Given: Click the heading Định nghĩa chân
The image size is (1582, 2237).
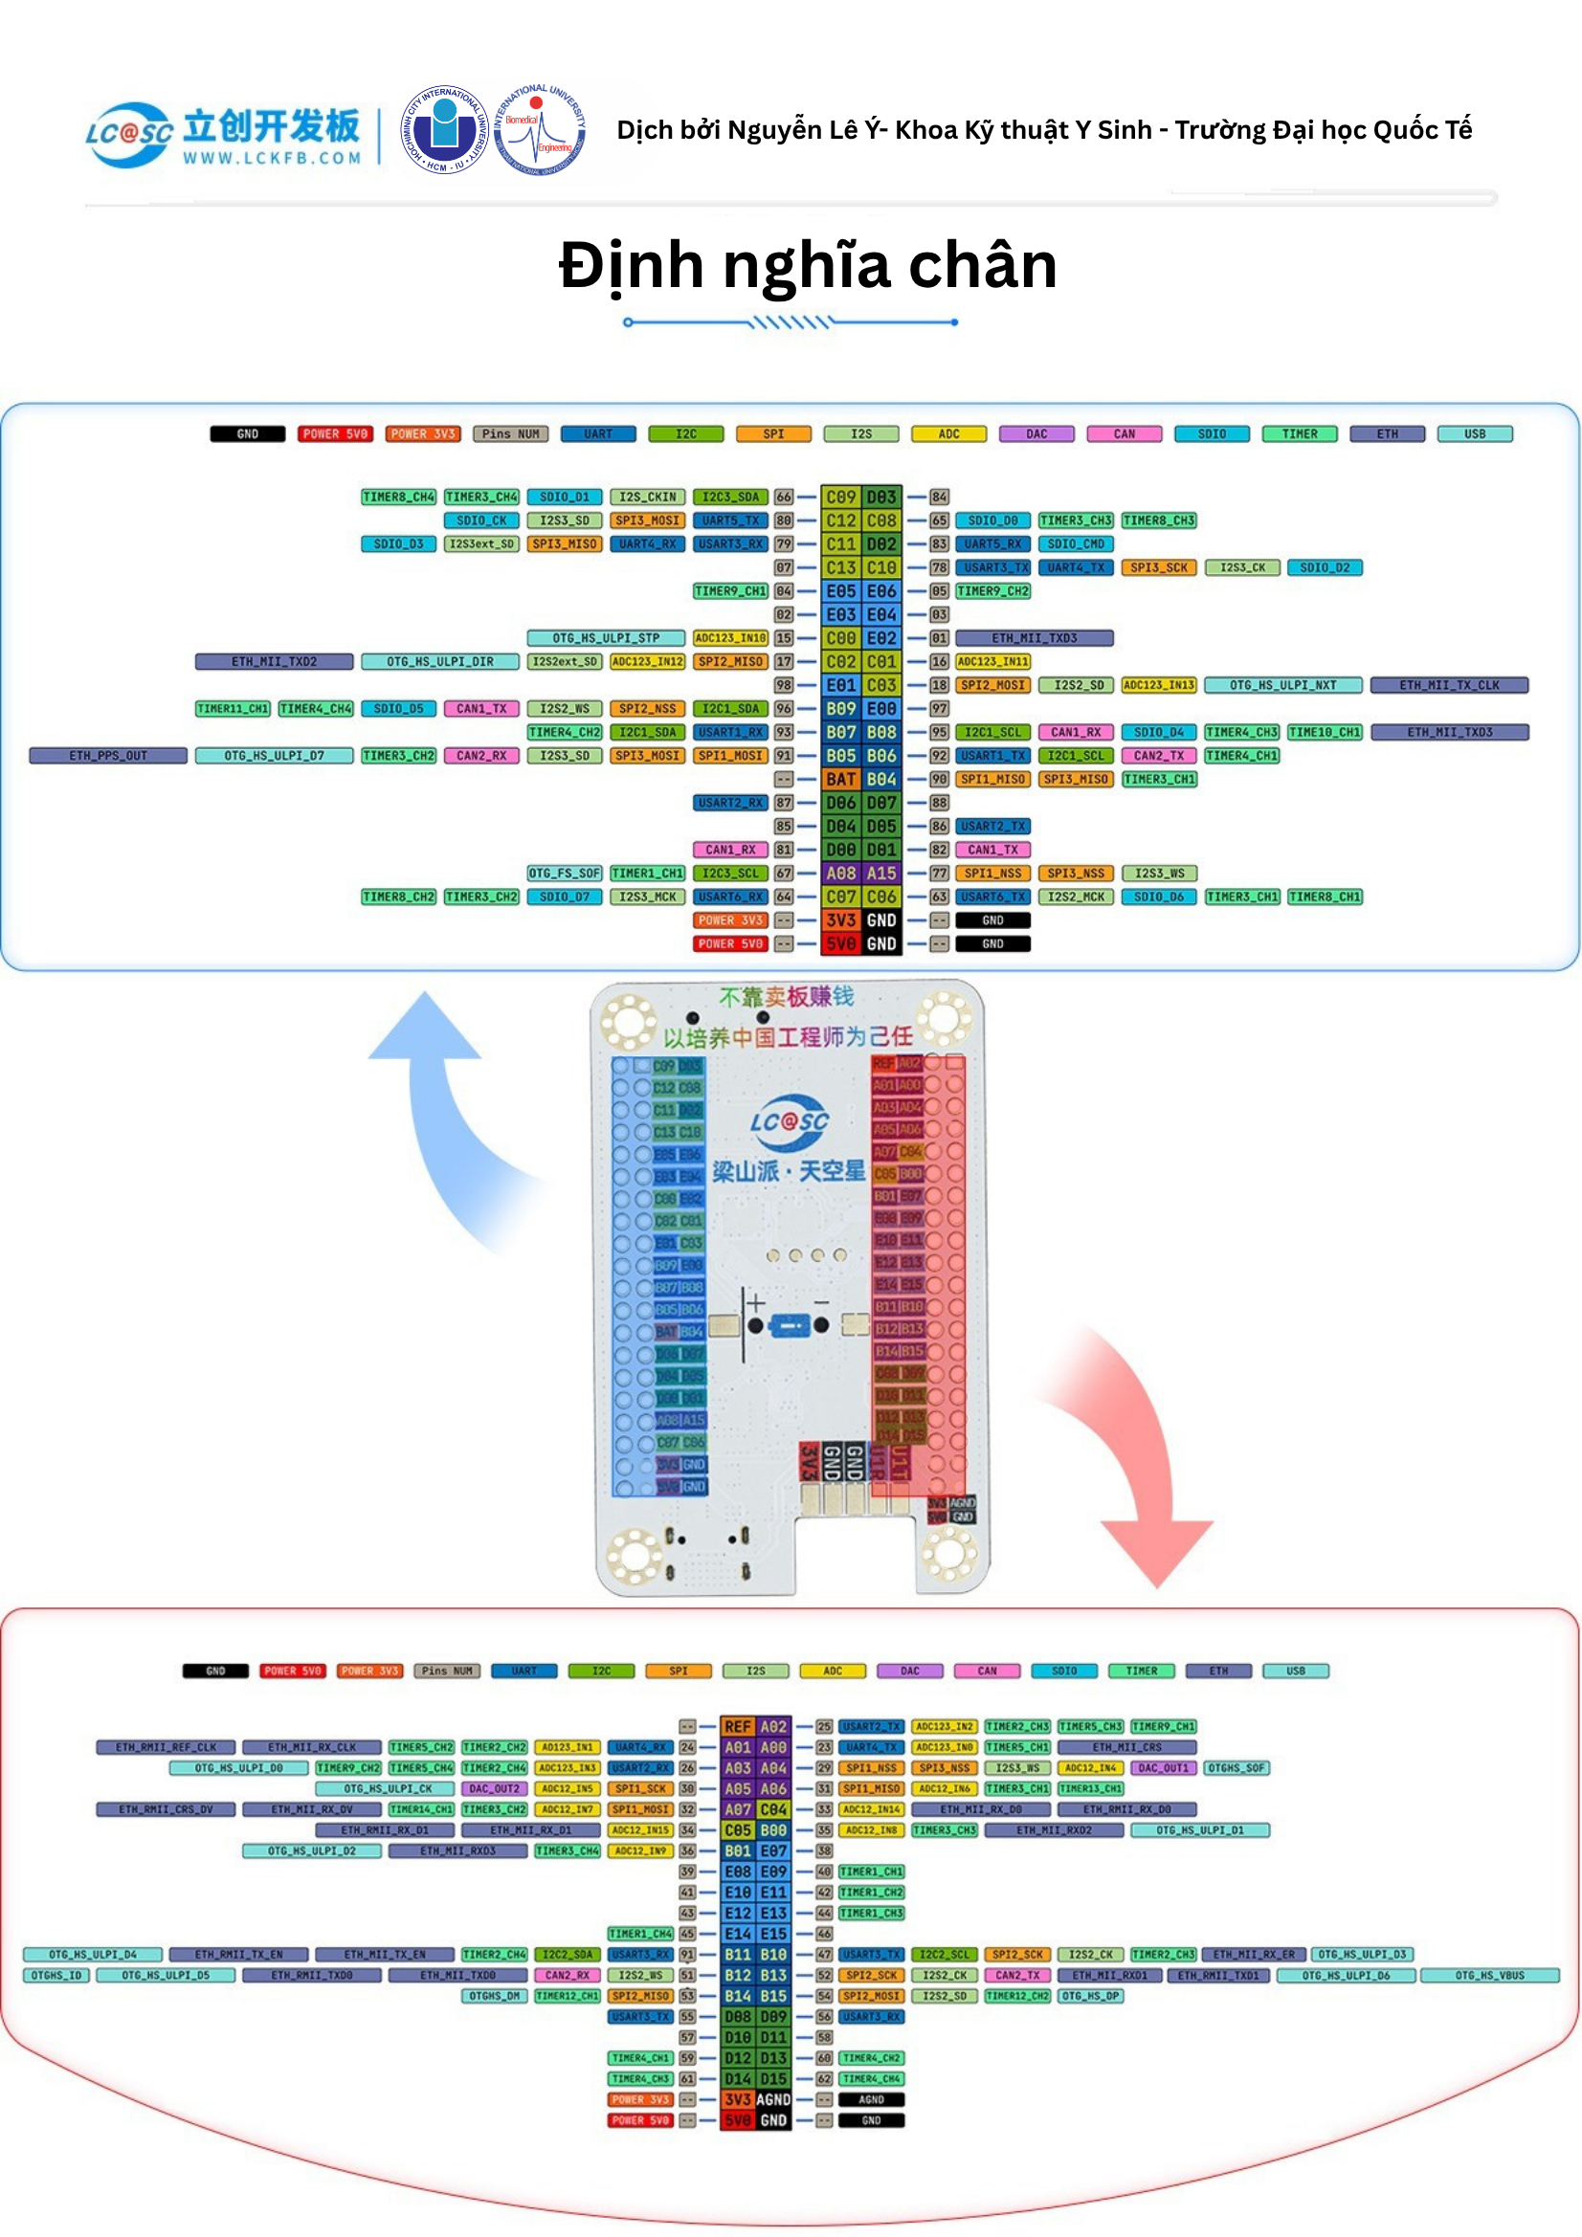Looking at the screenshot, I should (807, 266).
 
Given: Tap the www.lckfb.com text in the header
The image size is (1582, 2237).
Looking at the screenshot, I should (272, 158).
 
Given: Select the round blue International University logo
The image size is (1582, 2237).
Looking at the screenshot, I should (445, 129).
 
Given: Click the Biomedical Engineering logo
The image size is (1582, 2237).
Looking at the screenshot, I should (539, 130).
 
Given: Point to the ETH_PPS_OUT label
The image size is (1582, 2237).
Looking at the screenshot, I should (107, 756).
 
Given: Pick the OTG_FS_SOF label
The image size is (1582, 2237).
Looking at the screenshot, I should (564, 874).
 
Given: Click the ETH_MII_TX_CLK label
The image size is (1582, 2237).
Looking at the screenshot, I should (1448, 686).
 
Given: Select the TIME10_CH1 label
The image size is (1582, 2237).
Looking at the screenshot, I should (1324, 733).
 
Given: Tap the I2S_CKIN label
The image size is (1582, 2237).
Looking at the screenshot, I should (647, 498).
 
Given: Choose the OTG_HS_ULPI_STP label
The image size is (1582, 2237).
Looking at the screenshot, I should (605, 639).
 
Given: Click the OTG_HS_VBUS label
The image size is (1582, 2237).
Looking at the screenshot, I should (1488, 1976).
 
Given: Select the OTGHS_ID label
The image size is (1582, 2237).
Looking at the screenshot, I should (56, 1976).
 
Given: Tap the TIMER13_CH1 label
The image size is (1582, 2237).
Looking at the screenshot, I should (1090, 1789).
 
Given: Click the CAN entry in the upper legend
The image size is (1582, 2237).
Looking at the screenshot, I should (1124, 434).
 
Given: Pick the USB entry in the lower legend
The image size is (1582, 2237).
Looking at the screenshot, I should (1295, 1671).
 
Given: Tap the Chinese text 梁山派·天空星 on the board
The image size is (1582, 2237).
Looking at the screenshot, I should (788, 1171).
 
